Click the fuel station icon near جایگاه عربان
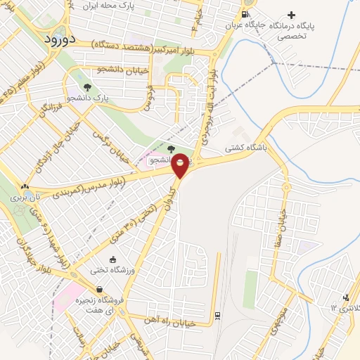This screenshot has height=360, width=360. coord(244,14)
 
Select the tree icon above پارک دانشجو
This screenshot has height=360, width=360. coord(86,87)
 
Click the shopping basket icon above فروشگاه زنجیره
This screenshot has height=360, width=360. coord(100,290)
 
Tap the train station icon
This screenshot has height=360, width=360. coord(217,314)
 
